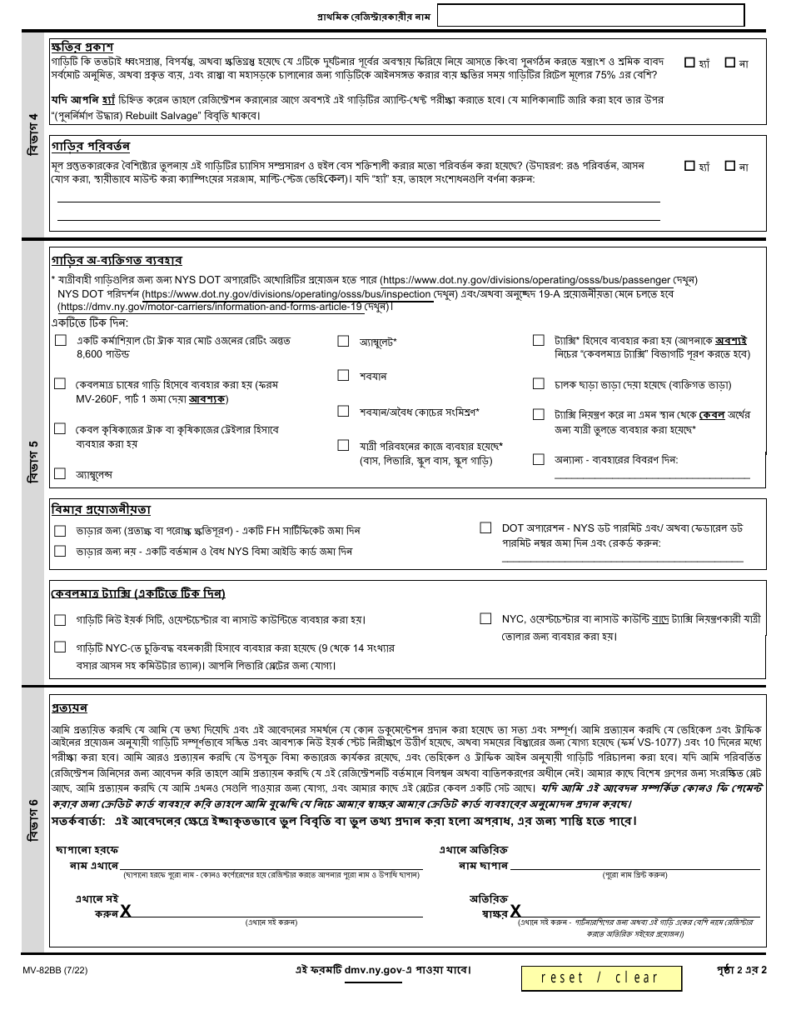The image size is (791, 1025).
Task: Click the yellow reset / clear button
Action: tap(600, 977)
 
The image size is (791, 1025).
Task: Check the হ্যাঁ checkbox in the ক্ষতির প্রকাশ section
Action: tap(689, 62)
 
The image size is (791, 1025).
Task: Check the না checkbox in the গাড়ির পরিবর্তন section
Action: tap(730, 166)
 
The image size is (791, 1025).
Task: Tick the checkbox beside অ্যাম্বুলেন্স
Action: tap(60, 473)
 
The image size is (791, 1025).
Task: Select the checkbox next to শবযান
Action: tap(343, 376)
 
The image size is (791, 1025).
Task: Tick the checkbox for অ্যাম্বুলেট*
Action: tap(343, 341)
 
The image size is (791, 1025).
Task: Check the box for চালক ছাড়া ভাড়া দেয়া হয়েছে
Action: tap(538, 384)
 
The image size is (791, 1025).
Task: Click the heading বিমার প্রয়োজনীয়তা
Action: tap(101, 509)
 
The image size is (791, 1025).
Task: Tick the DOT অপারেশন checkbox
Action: tap(485, 527)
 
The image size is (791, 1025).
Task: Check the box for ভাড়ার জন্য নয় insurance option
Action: tap(60, 551)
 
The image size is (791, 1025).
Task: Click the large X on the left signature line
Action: tap(126, 911)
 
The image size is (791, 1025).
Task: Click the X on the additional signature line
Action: tap(516, 912)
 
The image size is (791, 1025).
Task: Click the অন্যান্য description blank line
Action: tap(652, 477)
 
